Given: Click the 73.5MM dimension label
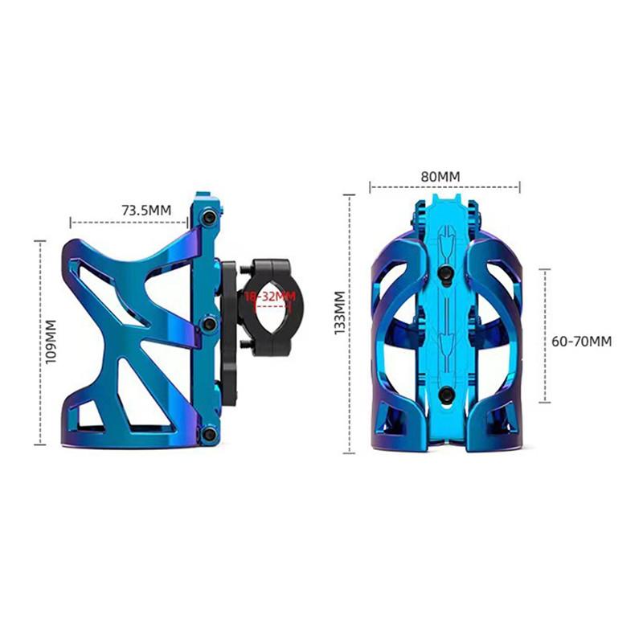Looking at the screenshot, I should (146, 211).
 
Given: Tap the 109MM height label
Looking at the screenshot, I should (51, 342).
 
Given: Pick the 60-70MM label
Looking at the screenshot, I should (581, 341).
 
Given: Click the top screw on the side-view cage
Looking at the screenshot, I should (209, 217).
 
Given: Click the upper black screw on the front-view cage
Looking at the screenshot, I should (444, 276).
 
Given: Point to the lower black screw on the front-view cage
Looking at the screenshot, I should (444, 393).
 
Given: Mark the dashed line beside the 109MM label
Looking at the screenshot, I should (38, 342).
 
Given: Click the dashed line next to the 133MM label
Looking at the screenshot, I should (350, 321).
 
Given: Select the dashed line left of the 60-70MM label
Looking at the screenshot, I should (546, 336).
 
